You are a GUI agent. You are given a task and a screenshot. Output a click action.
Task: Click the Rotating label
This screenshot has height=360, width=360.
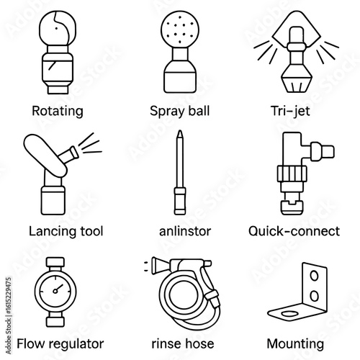[58, 111]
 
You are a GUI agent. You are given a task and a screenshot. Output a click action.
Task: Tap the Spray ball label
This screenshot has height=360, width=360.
[180, 111]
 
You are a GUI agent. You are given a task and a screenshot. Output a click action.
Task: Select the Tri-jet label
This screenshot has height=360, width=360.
[290, 111]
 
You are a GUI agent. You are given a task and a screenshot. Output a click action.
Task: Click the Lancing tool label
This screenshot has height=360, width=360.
[66, 231]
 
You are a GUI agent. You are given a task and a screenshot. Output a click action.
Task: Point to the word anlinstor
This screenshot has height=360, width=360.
[185, 231]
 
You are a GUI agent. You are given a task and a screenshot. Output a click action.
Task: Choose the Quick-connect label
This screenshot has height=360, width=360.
[294, 231]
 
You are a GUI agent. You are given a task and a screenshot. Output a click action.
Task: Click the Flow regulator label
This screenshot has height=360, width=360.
[60, 343]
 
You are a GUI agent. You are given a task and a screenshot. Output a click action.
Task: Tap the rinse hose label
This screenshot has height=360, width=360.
[183, 343]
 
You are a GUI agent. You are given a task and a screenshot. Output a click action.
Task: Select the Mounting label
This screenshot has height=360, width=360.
[295, 344]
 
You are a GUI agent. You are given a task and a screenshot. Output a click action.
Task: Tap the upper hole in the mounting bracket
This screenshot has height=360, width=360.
[314, 276]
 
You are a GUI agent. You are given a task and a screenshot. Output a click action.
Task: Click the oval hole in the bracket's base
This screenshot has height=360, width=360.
[289, 314]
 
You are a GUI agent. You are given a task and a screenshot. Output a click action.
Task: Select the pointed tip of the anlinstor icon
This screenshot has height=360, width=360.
[180, 134]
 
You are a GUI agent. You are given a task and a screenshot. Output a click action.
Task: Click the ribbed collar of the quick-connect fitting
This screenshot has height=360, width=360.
[292, 174]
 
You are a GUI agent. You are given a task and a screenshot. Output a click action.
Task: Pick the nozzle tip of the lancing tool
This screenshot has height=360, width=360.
[74, 153]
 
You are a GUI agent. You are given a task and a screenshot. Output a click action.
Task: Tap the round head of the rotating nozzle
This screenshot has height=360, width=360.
[58, 28]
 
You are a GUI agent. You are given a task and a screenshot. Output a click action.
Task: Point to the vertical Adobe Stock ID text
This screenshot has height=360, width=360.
[9, 315]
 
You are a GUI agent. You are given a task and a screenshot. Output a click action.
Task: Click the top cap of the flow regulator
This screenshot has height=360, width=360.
[55, 262]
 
